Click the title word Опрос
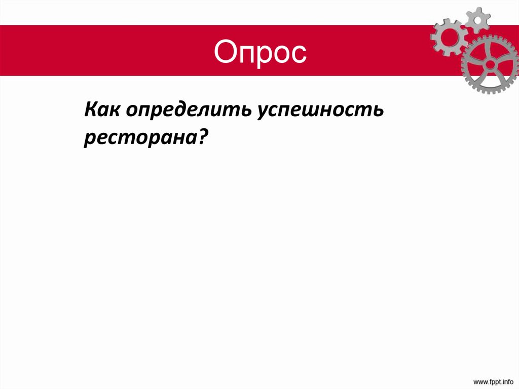[260, 52]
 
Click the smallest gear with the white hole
[477, 19]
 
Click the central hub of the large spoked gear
[491, 65]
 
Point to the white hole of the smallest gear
[477, 19]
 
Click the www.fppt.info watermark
[493, 380]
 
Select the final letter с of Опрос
[299, 53]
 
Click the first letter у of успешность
[264, 113]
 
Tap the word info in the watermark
[506, 380]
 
